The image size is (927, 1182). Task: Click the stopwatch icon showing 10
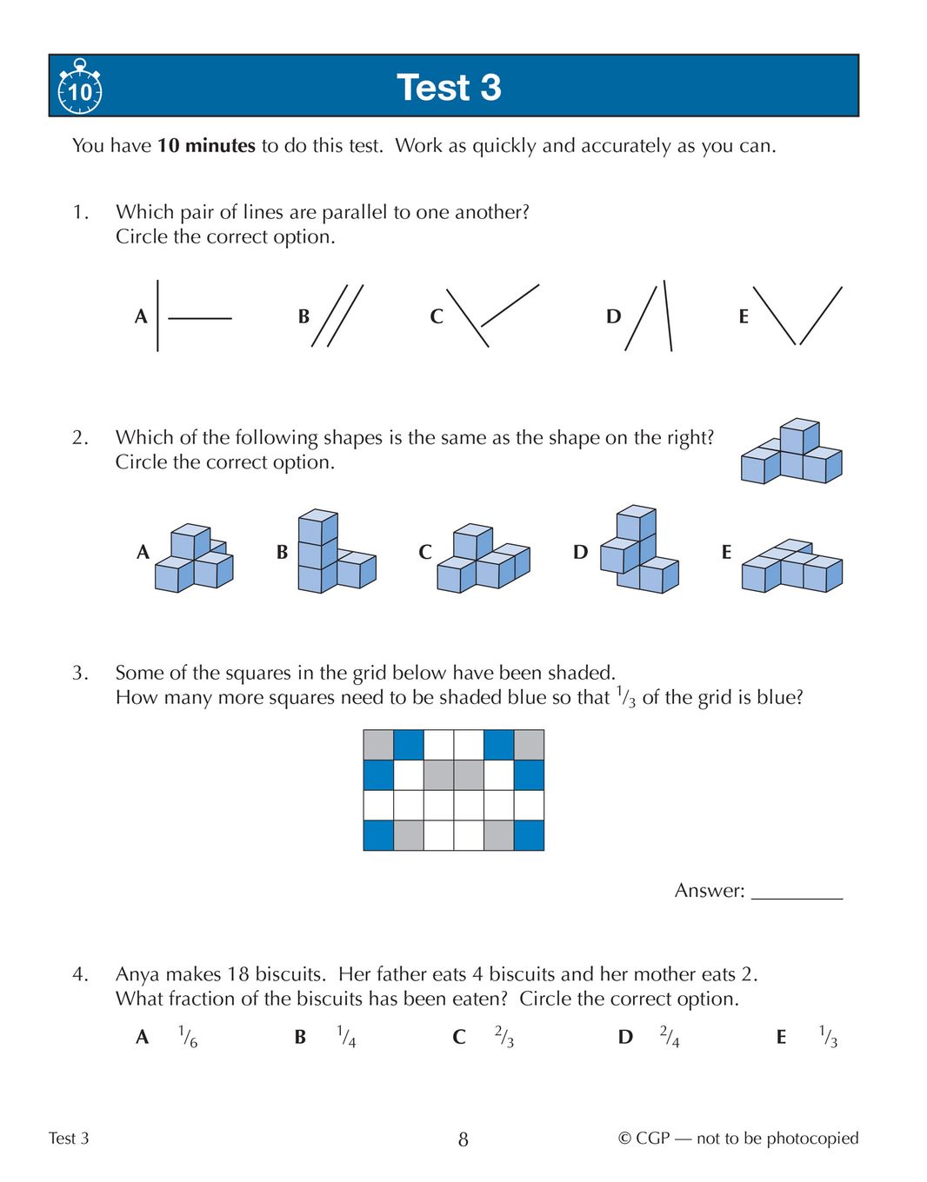click(79, 88)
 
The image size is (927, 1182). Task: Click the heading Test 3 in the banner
click(449, 87)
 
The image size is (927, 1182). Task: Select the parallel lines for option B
click(337, 315)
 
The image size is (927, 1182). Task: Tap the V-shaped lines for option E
click(797, 315)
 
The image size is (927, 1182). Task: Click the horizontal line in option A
click(199, 319)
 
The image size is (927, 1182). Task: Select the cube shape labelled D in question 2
click(638, 550)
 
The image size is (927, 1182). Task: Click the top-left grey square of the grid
click(378, 745)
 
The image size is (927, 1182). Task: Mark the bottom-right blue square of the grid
click(529, 835)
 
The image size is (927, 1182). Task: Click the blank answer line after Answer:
click(797, 893)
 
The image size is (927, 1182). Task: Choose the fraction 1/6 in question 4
click(188, 1037)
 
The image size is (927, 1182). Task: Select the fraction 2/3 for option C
click(504, 1037)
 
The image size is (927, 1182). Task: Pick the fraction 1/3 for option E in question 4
click(828, 1037)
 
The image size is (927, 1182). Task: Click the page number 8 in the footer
click(463, 1139)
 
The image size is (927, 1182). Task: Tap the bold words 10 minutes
click(206, 146)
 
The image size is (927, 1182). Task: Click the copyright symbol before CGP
click(624, 1139)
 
